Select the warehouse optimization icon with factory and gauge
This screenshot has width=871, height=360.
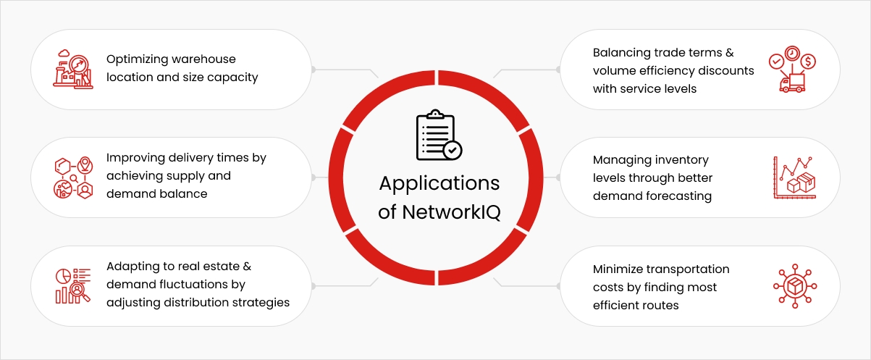tap(72, 69)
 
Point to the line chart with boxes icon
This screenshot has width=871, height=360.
tap(795, 177)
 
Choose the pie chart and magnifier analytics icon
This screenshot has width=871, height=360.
tap(72, 285)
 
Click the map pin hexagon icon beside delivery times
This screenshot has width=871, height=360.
tap(72, 177)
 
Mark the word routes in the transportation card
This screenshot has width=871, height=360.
tap(660, 305)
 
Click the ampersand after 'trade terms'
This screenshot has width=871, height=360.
tap(730, 52)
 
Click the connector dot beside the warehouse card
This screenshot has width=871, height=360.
tap(314, 70)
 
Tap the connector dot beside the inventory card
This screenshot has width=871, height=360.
tap(557, 177)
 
